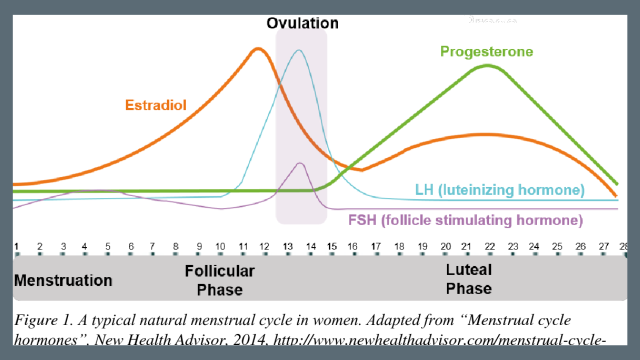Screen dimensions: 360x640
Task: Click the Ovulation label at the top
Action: (x=302, y=23)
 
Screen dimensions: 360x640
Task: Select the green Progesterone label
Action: (x=486, y=51)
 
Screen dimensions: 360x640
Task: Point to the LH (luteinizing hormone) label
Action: (x=499, y=190)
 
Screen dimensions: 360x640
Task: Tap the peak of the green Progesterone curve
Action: (x=488, y=65)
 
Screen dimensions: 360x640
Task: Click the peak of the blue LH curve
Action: (x=299, y=50)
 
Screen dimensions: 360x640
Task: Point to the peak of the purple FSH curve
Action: (x=300, y=163)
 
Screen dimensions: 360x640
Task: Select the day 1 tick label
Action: (x=16, y=246)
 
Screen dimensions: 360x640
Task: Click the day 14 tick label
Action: (x=311, y=246)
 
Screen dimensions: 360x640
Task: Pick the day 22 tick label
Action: (x=489, y=246)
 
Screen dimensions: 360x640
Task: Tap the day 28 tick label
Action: (x=623, y=246)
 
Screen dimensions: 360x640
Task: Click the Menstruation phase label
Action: (x=63, y=280)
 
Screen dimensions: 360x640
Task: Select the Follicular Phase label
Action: (x=219, y=280)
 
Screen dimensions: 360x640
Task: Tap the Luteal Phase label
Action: (x=468, y=279)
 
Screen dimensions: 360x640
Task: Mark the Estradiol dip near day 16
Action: (x=361, y=170)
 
